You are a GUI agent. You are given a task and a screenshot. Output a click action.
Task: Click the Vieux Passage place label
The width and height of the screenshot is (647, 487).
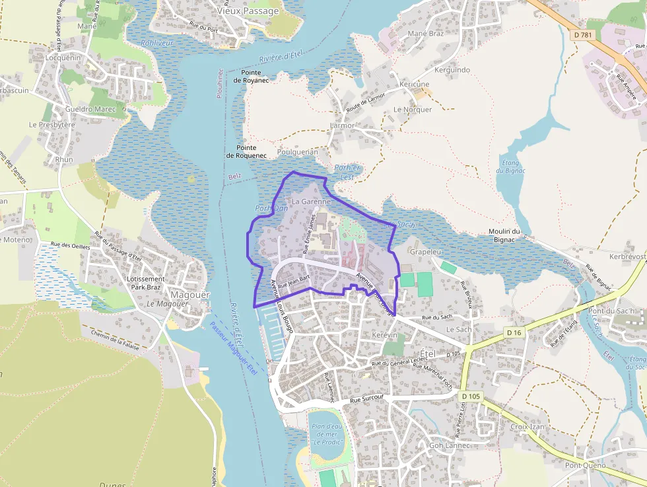pyautogui.click(x=248, y=11)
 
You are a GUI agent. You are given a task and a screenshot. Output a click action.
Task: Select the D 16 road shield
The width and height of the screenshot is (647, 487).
pyautogui.click(x=515, y=332)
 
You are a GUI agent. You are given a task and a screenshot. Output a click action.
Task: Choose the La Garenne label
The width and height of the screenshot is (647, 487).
pyautogui.click(x=311, y=200)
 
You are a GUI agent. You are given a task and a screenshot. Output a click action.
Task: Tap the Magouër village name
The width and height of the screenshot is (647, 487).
pyautogui.click(x=189, y=295)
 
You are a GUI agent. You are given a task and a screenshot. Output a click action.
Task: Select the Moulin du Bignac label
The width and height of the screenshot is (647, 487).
pyautogui.click(x=505, y=235)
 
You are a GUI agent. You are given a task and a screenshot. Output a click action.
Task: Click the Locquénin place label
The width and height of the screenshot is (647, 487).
pyautogui.click(x=63, y=57)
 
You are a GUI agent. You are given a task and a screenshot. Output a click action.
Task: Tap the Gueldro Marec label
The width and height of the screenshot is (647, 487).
pyautogui.click(x=90, y=109)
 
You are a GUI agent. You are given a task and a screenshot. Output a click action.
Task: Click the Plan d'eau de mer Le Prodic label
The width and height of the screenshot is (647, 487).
pyautogui.click(x=325, y=433)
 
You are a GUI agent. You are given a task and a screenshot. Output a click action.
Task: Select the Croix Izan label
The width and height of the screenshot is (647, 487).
pyautogui.click(x=528, y=427)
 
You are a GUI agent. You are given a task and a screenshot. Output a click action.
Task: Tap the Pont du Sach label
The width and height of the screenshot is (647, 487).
pyautogui.click(x=611, y=311)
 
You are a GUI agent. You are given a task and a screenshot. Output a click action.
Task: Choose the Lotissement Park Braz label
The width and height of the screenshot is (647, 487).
pyautogui.click(x=145, y=283)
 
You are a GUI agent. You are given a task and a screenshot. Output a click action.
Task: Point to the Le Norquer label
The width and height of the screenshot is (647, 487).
pyautogui.click(x=413, y=110)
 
